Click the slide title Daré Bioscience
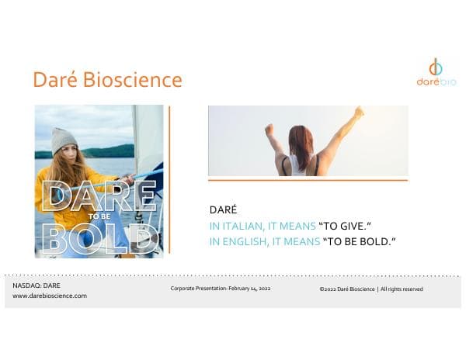(107, 80)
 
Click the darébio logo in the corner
(436, 72)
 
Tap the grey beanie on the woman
(64, 140)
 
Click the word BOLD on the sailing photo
(98, 237)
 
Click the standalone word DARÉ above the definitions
(223, 210)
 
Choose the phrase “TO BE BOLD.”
(359, 241)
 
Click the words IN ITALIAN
(233, 226)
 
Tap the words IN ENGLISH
(235, 241)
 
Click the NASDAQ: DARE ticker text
(37, 286)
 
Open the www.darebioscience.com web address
(50, 296)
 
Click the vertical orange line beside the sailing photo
(169, 178)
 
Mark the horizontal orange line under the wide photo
(308, 180)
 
